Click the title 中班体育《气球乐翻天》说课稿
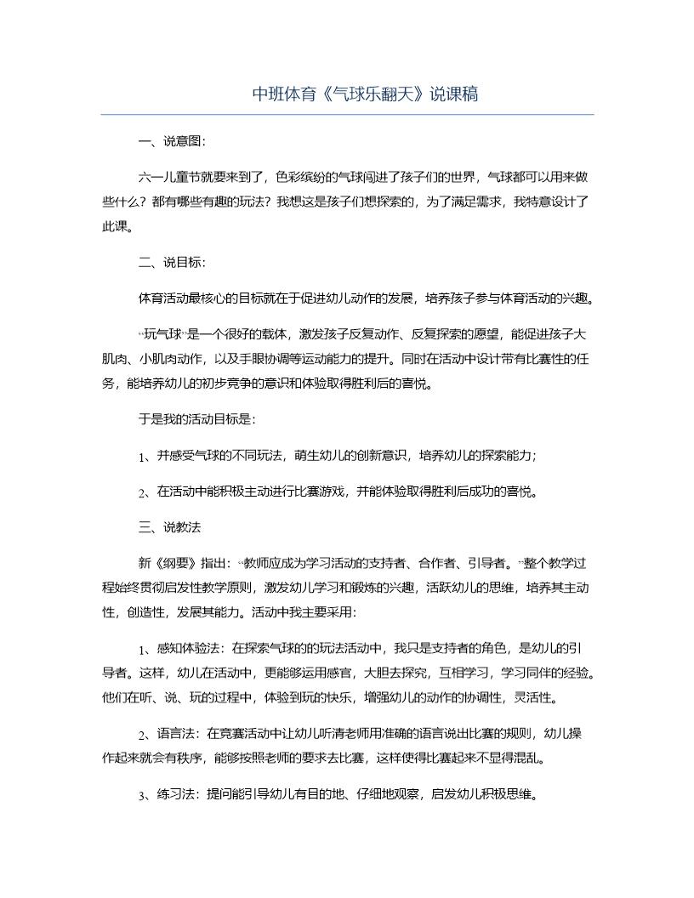(x=365, y=94)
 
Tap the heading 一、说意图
(x=170, y=141)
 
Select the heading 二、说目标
(x=170, y=263)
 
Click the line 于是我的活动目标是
(x=196, y=419)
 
